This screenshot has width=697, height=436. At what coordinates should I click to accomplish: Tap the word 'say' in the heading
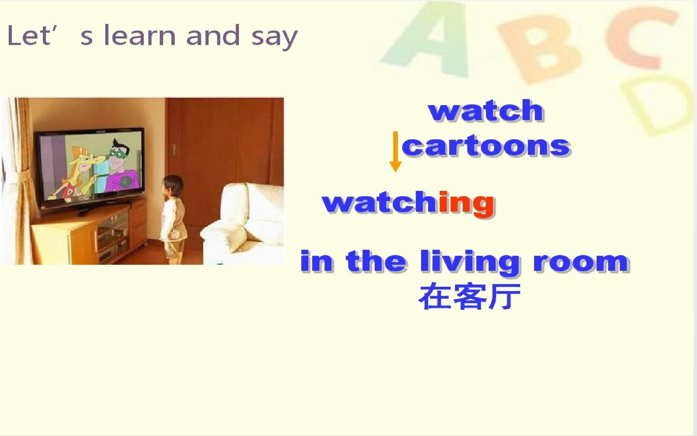[x=274, y=38]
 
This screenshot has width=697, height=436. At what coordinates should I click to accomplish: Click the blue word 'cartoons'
[x=486, y=146]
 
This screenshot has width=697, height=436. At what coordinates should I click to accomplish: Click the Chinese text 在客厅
[x=470, y=297]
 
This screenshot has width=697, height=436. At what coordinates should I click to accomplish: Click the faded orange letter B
[x=541, y=49]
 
